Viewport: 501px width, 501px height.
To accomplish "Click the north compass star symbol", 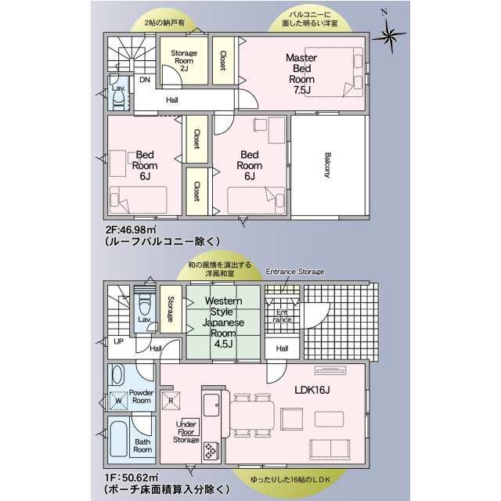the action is tap(389, 35).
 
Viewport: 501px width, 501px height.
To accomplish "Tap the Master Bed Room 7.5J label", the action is tap(301, 74).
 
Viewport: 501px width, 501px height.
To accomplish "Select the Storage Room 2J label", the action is tap(184, 60).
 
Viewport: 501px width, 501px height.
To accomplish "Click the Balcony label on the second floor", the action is tap(327, 165).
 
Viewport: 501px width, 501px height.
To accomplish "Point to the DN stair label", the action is tap(145, 80).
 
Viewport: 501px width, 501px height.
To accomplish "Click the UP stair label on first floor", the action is tap(118, 341).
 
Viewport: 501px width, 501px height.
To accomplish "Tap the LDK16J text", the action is tap(312, 390).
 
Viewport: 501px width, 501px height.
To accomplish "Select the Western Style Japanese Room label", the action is tap(223, 322).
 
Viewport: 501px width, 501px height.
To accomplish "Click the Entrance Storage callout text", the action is tap(295, 272).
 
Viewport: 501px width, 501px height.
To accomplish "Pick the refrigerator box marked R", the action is tap(171, 400).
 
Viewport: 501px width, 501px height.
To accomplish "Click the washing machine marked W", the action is tap(118, 401).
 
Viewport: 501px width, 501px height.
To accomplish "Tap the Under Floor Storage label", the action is tap(186, 432).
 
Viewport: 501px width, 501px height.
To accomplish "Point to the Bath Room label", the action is tap(142, 445).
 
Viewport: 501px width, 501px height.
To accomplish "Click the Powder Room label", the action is tap(141, 396).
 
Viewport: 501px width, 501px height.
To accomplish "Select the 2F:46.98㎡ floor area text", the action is tap(131, 229).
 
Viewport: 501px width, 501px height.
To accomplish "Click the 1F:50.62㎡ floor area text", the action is tap(132, 478).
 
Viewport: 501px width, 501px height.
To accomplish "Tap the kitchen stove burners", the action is tap(211, 451).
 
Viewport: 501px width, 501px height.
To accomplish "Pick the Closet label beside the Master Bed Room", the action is tap(223, 61).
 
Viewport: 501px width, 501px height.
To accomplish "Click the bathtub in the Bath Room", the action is tap(118, 439).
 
